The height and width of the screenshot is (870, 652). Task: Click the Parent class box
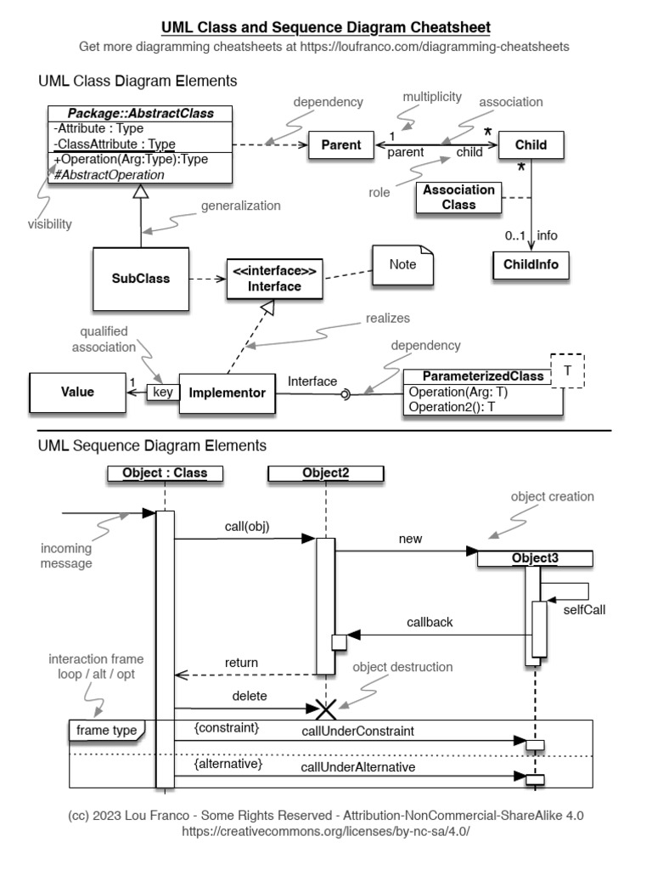tap(340, 145)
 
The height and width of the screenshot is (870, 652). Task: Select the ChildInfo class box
tap(531, 264)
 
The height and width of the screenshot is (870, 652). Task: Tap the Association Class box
tap(458, 198)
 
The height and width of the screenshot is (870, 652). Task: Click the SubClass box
tap(140, 278)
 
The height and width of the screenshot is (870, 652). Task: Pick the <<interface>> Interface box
tap(274, 279)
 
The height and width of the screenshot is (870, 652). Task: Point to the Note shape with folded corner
tap(402, 265)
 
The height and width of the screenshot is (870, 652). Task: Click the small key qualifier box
tap(163, 393)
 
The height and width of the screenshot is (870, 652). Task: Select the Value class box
tap(77, 393)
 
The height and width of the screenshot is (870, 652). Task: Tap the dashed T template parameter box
tap(569, 370)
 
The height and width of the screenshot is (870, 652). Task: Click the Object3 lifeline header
tap(534, 558)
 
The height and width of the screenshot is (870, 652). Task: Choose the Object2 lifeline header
tap(325, 472)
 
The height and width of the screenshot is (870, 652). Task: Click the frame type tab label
tap(106, 730)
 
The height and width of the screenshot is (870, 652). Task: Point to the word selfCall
tap(585, 609)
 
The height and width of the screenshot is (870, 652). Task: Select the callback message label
tap(429, 622)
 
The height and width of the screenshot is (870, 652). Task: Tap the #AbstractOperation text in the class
tap(109, 174)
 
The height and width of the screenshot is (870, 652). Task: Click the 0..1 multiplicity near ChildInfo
tap(514, 235)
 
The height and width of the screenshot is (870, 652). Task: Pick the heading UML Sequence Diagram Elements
tap(152, 445)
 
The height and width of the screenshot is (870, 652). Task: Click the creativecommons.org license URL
tap(325, 830)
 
